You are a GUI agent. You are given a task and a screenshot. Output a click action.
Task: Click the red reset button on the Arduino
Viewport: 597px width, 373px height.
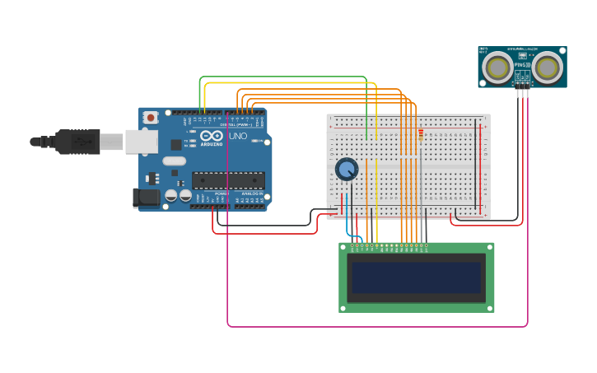151,118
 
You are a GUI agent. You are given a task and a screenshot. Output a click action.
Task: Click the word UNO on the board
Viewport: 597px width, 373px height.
238,136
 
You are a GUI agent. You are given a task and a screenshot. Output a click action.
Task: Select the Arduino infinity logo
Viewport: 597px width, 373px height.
211,136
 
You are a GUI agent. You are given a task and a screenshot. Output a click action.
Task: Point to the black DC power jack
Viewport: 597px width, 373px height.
146,198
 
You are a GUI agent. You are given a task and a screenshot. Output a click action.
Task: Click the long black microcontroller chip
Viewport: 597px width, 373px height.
228,180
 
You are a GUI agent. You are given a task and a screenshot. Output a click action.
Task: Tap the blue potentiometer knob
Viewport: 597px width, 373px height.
347,170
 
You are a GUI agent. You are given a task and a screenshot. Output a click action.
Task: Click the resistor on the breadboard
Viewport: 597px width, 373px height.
421,134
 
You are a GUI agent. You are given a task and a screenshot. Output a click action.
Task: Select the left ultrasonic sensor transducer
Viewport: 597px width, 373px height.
498,68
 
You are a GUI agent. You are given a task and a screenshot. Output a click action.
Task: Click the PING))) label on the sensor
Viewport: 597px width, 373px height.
522,64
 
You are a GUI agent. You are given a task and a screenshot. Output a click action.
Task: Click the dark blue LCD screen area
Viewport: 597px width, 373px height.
417,277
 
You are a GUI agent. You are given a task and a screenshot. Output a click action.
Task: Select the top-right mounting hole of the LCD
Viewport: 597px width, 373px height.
489,247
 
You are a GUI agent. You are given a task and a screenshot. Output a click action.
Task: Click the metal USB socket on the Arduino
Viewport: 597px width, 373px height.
141,142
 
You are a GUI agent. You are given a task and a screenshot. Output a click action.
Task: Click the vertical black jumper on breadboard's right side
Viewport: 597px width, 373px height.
475,165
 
